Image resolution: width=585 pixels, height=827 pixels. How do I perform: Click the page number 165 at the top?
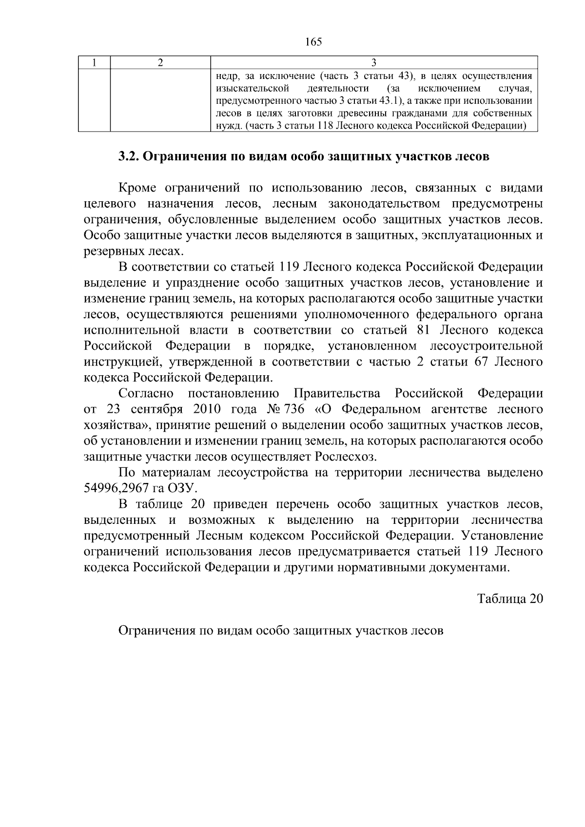(313, 42)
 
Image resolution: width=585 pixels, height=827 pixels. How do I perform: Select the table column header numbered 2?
(160, 63)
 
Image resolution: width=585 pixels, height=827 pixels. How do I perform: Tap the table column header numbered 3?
(373, 63)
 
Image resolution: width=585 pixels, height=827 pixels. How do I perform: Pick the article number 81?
(423, 330)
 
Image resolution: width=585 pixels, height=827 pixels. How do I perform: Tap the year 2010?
(208, 409)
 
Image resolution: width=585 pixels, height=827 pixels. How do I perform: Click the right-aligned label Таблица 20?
(509, 598)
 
